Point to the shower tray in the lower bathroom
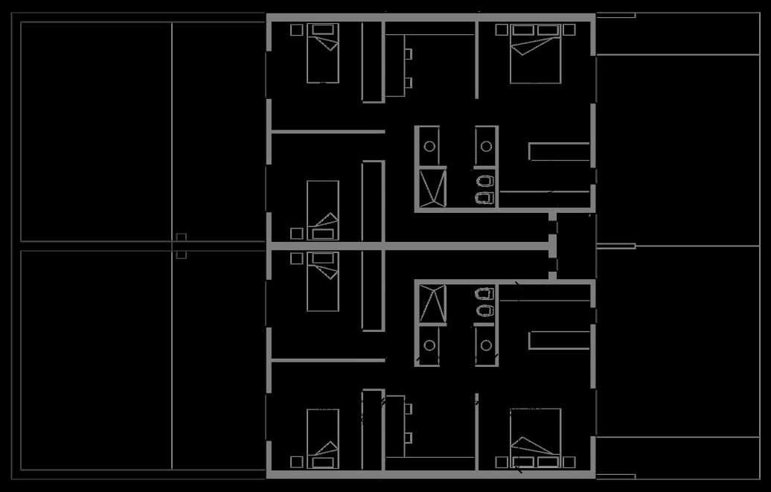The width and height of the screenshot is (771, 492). coord(432,304)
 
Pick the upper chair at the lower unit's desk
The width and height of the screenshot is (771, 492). coord(409,408)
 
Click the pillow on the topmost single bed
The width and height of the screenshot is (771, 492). coord(323,29)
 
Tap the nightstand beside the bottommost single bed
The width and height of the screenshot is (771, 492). coord(296,462)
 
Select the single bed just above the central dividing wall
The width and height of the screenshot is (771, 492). coord(323,211)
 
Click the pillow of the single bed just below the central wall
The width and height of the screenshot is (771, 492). coord(323,258)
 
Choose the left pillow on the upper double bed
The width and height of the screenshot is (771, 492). coord(522,30)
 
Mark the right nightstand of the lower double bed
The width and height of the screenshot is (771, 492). coord(569,462)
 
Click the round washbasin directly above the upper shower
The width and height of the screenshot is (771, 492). coord(430,146)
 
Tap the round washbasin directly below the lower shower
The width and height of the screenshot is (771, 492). coord(430,345)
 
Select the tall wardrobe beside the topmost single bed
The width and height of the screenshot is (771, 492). coord(372,62)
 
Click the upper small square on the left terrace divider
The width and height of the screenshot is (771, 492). coord(181,237)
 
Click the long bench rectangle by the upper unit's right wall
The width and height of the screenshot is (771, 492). coord(559,151)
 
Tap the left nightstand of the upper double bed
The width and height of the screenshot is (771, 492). coord(502,30)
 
